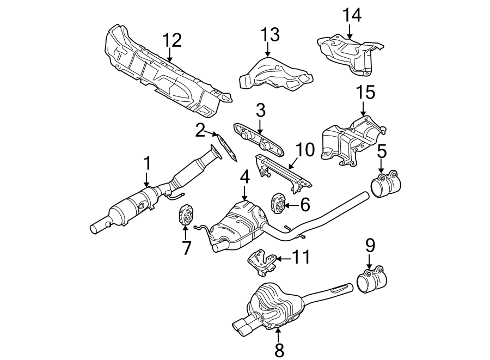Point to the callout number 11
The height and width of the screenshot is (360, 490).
coord(300,258)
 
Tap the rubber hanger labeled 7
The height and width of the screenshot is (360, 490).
coord(186,216)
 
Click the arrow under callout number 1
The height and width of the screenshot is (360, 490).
coord(146,179)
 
